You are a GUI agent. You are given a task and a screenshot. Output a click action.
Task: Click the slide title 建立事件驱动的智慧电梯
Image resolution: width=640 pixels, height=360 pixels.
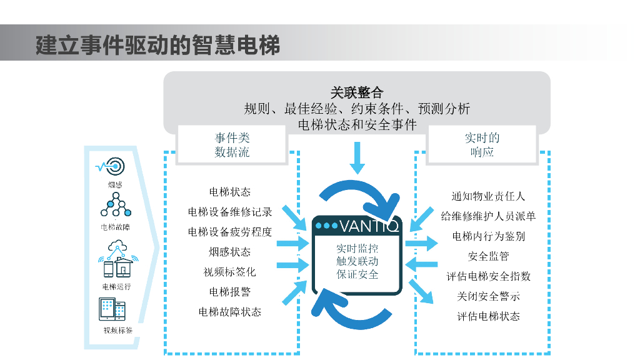click(x=157, y=45)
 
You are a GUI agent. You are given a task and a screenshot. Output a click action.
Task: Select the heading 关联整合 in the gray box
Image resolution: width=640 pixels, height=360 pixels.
click(x=357, y=93)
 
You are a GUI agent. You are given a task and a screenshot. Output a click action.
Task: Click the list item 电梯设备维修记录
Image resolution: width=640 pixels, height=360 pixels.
click(x=230, y=212)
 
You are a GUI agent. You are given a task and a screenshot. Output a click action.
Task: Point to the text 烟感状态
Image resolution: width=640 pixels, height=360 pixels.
click(x=230, y=252)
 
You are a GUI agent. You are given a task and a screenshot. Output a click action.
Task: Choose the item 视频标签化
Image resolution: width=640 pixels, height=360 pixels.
click(x=230, y=272)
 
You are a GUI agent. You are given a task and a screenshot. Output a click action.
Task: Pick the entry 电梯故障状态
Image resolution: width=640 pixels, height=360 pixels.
click(x=230, y=312)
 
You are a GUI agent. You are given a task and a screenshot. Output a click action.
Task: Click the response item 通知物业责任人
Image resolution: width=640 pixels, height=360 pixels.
click(x=488, y=196)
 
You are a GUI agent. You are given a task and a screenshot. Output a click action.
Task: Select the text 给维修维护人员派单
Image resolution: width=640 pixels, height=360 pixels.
click(x=488, y=216)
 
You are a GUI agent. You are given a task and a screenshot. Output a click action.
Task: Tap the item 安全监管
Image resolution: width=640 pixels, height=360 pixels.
click(x=488, y=256)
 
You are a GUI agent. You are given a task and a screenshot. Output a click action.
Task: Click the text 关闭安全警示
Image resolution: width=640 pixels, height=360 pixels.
click(x=488, y=296)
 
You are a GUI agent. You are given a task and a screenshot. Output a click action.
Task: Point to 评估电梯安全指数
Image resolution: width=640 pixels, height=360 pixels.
click(x=488, y=276)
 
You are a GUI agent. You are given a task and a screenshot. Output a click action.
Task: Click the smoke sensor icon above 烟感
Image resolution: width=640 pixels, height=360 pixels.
click(x=112, y=166)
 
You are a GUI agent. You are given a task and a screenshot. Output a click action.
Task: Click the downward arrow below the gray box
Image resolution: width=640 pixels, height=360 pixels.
click(x=357, y=157)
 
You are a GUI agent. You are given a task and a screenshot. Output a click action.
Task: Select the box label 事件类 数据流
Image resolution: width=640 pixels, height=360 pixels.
click(x=232, y=145)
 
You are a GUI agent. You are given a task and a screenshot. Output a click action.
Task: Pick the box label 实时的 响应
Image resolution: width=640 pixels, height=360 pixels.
click(x=482, y=145)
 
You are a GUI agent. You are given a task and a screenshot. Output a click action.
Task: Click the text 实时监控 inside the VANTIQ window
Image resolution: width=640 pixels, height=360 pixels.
click(x=357, y=249)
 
